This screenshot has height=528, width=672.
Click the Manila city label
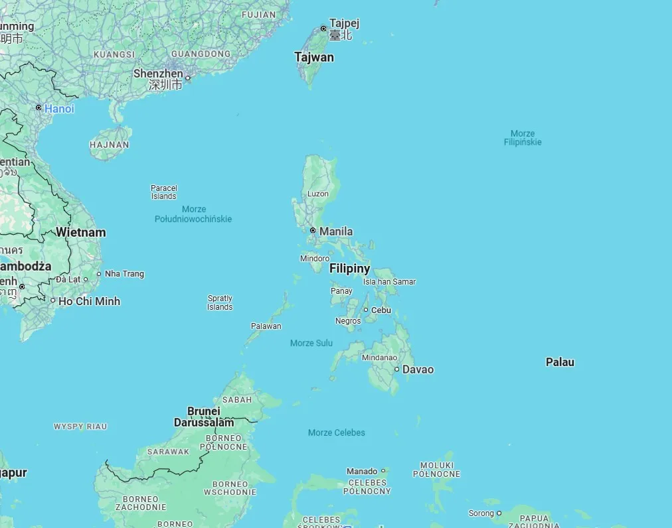tap(336, 231)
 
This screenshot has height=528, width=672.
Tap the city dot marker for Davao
tap(396, 369)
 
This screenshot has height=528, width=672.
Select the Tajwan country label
tap(314, 58)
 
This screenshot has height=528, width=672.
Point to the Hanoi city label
tap(59, 109)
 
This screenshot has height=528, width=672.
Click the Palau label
tap(560, 362)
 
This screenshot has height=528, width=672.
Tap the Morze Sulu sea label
tap(311, 343)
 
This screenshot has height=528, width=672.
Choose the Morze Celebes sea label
tap(337, 432)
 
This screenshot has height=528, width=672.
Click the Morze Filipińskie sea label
tap(523, 138)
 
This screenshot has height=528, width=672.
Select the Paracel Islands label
tap(163, 192)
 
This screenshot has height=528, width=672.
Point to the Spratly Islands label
tap(220, 302)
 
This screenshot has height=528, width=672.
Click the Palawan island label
tap(266, 326)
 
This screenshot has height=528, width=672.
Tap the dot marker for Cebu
tap(365, 310)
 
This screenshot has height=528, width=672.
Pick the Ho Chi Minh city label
tap(90, 301)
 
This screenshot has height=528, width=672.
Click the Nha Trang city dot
tap(99, 274)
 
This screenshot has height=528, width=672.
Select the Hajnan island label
tap(110, 145)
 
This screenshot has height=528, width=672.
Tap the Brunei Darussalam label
tap(204, 417)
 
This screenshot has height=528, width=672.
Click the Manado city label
tap(362, 471)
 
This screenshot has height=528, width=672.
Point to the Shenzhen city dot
tap(187, 78)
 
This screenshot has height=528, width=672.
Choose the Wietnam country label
tap(80, 233)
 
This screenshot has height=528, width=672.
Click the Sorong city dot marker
tap(499, 513)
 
